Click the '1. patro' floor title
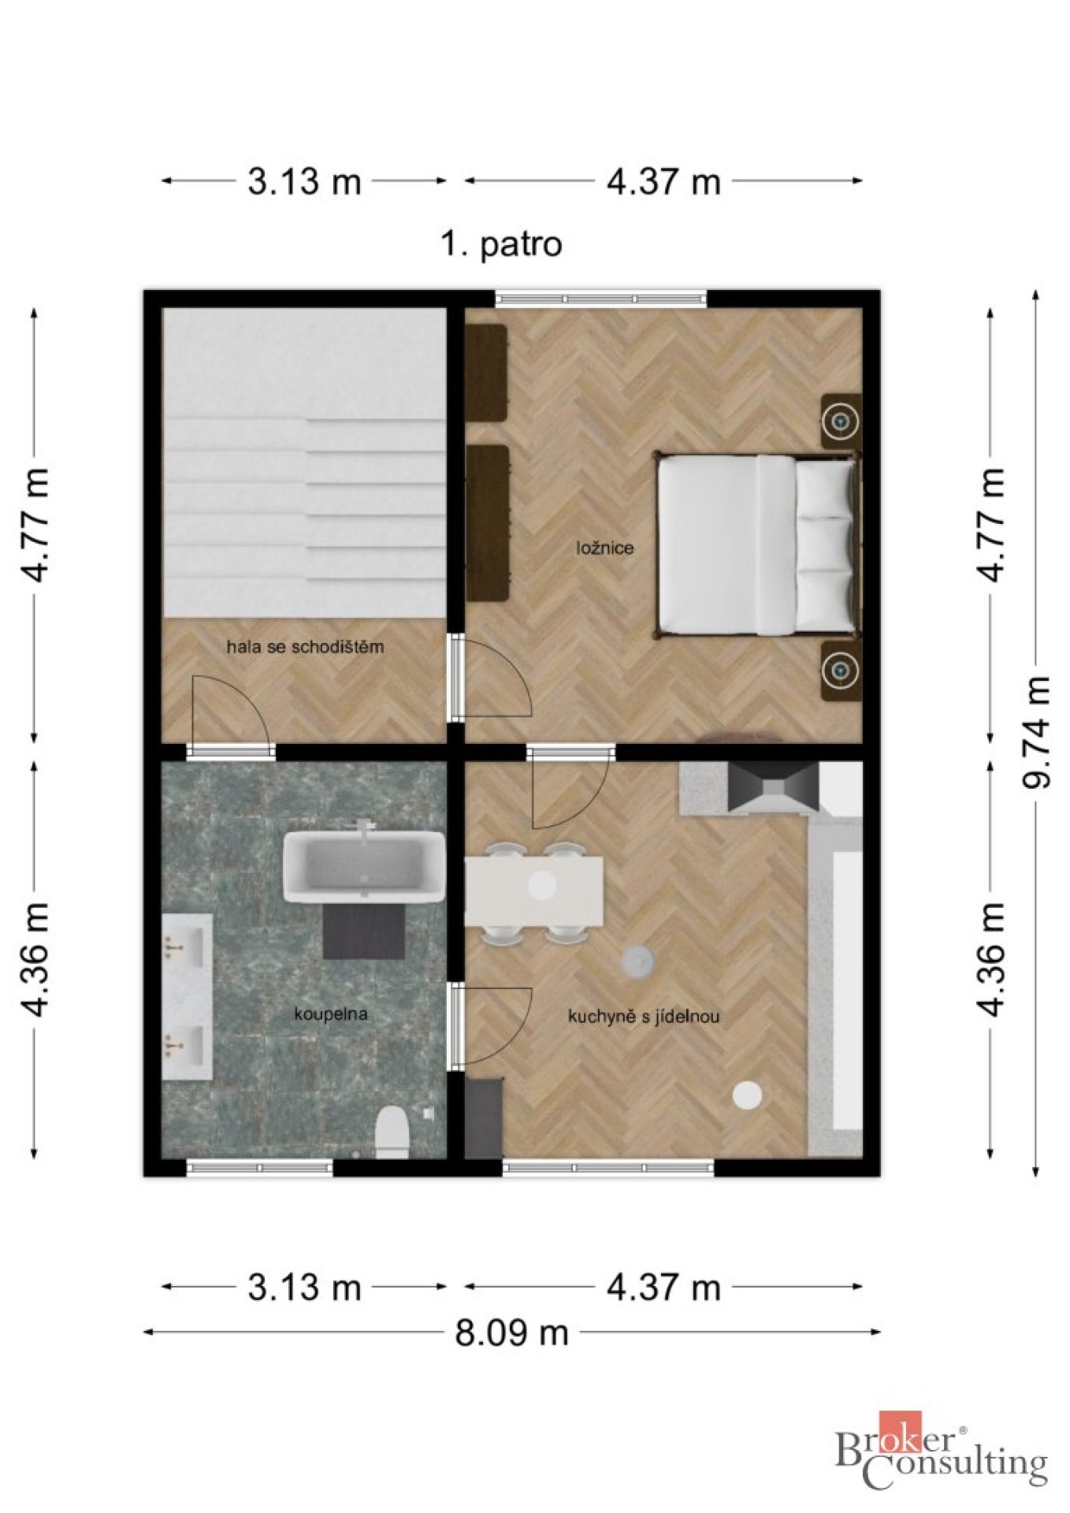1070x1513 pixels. [x=501, y=244]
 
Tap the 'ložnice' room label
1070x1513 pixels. [x=604, y=548]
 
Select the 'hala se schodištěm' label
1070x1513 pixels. [x=305, y=647]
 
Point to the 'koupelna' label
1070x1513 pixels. [x=330, y=1013]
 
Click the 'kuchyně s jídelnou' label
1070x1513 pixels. [x=643, y=1017]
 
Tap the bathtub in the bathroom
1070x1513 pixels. [x=364, y=865]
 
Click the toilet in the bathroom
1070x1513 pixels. [x=392, y=1132]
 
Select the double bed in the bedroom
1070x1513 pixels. [x=756, y=545]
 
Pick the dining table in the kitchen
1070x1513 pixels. [x=534, y=891]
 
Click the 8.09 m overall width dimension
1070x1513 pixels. [x=511, y=1333]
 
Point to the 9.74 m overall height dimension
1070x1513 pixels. [x=1035, y=732]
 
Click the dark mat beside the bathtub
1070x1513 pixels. [x=364, y=931]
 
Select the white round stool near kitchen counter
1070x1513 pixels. [x=747, y=1095]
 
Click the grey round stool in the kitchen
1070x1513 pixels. [x=637, y=961]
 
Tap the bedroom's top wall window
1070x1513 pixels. [x=601, y=299]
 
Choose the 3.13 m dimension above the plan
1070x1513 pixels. [x=304, y=181]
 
